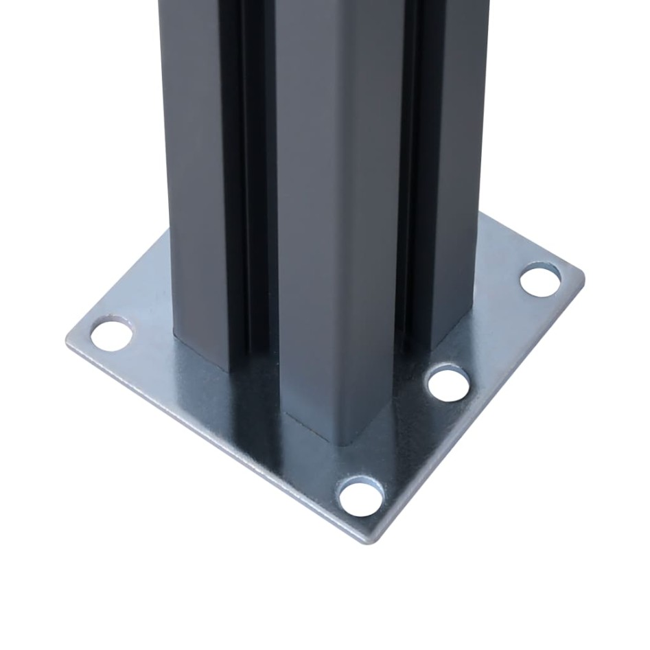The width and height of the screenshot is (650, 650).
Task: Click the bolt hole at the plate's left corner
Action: (x=111, y=334)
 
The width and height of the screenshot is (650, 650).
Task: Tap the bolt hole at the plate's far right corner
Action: (x=540, y=280)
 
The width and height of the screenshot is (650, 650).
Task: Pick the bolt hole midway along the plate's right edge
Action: (x=448, y=384)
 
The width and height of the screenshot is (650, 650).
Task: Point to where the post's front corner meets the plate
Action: (x=343, y=439)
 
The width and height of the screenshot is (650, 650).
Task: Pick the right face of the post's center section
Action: (x=371, y=206)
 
